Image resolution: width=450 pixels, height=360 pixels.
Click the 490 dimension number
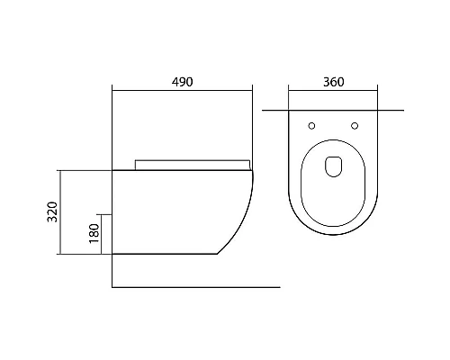pyautogui.click(x=182, y=81)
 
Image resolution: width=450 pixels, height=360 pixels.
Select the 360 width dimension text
pyautogui.click(x=332, y=81)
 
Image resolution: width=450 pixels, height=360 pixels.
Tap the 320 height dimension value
pyautogui.click(x=51, y=211)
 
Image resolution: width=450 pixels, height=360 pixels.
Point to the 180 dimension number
pyautogui.click(x=94, y=234)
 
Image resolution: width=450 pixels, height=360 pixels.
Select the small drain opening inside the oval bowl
pyautogui.click(x=332, y=166)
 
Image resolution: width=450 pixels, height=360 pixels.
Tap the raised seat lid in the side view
pyautogui.click(x=190, y=164)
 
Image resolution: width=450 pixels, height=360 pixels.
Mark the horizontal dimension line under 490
pyautogui.click(x=182, y=89)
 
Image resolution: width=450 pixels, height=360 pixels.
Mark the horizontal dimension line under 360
pyautogui.click(x=332, y=89)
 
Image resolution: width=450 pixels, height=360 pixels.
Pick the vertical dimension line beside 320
pyautogui.click(x=61, y=211)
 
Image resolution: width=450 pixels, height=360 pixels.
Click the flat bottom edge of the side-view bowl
pyautogui.click(x=162, y=254)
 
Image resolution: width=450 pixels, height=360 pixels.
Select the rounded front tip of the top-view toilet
pyautogui.click(x=332, y=235)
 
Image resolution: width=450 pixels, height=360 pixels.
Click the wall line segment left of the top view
pyautogui.click(x=275, y=110)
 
